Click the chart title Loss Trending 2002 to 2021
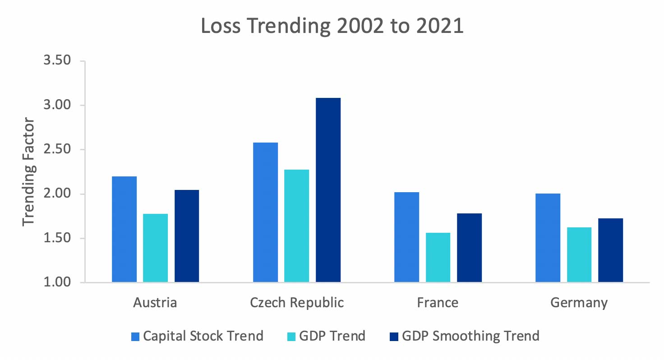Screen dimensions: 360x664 332,26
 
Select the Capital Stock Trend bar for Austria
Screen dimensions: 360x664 124,229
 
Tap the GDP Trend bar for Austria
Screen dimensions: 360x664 155,248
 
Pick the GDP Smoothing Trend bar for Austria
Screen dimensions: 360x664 187,236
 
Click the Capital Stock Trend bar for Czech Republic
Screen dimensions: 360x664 265,212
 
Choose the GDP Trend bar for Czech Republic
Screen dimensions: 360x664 297,226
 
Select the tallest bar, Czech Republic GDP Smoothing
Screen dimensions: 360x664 328,190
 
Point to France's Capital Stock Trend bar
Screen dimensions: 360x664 406,237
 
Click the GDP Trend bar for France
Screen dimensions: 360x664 438,258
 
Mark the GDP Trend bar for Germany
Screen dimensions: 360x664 579,255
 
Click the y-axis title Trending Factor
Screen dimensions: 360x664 29,171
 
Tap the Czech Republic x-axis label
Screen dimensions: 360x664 297,302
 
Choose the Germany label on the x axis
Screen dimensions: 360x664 579,303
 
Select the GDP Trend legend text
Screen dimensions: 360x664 333,336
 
